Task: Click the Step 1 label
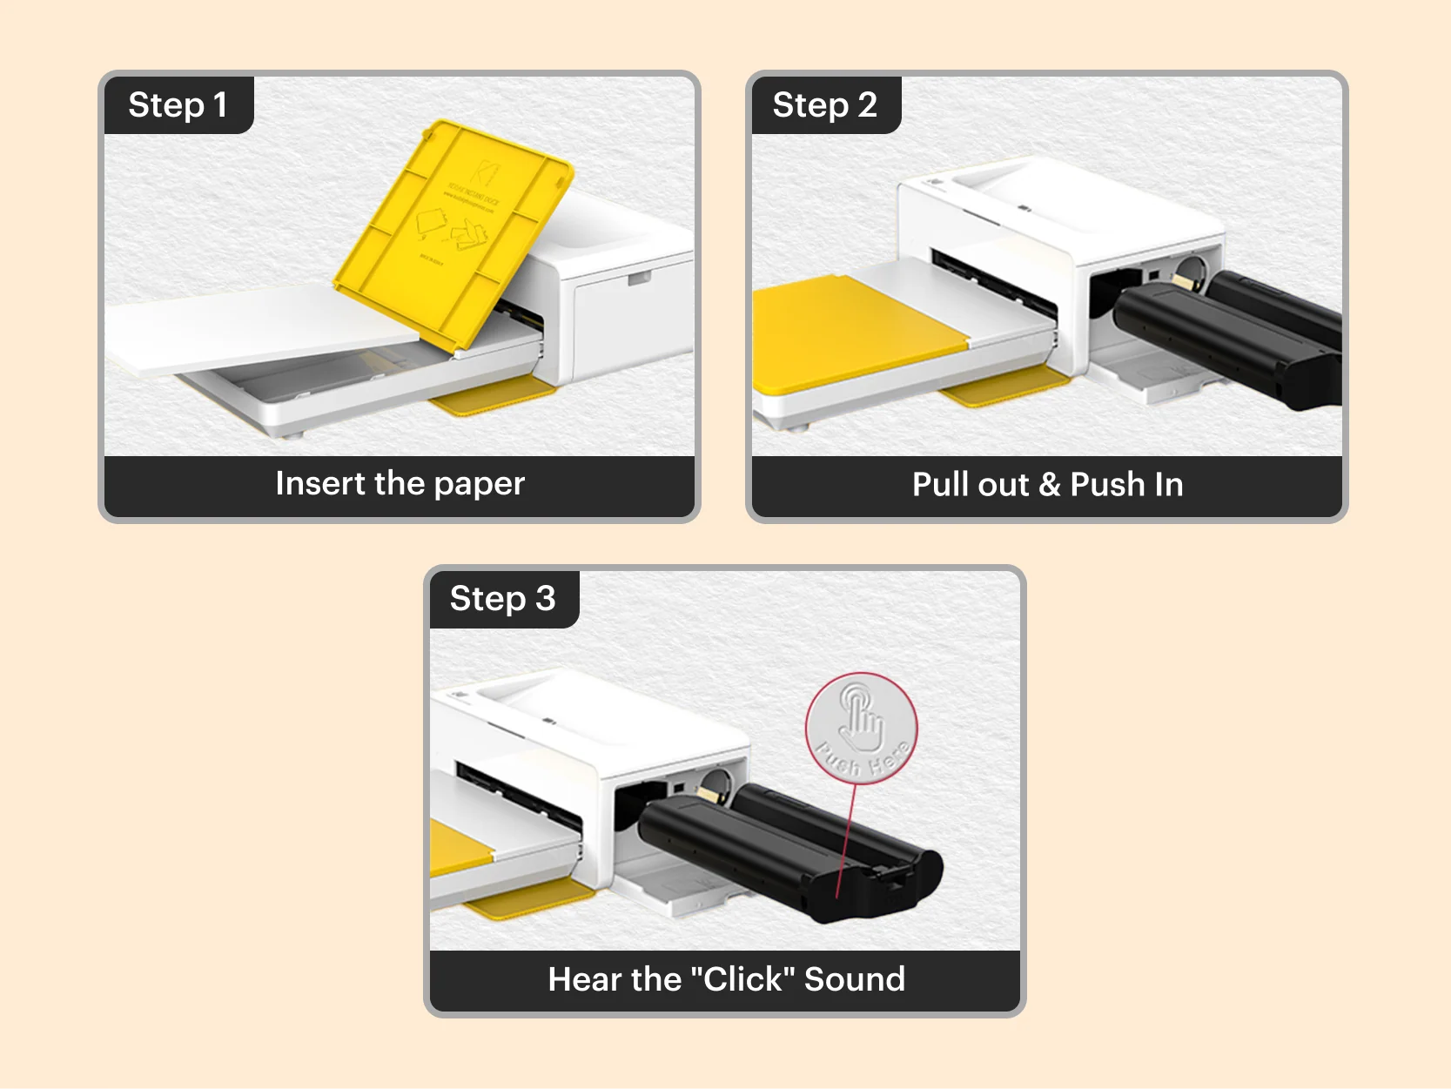(x=178, y=105)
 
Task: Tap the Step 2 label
(x=824, y=105)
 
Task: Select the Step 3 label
(x=502, y=599)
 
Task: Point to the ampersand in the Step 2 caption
(x=1050, y=485)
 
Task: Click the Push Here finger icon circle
(x=861, y=727)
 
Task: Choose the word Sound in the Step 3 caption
(x=854, y=979)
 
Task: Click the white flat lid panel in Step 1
(x=252, y=326)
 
